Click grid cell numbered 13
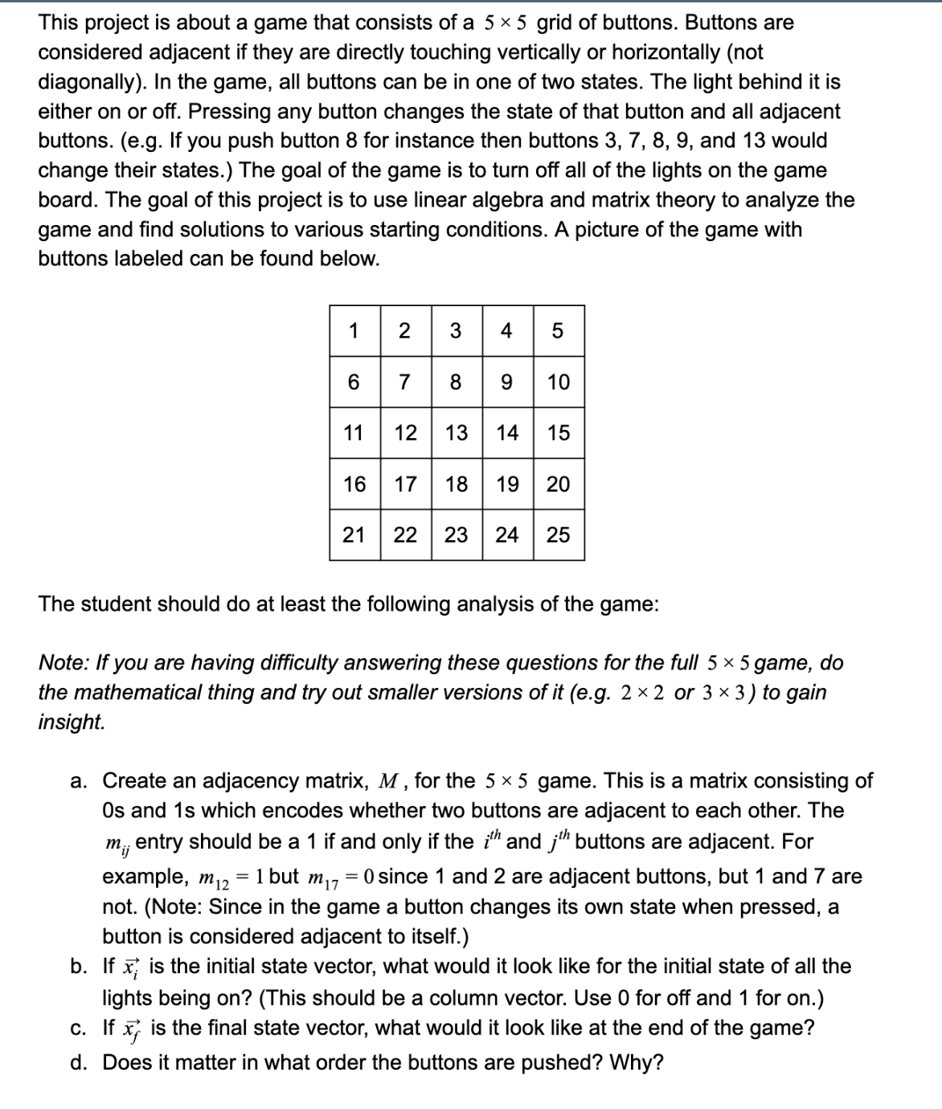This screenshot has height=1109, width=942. [x=457, y=433]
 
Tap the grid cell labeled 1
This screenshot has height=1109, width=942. [x=354, y=330]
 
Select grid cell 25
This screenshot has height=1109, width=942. [x=558, y=534]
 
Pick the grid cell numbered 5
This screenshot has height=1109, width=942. [x=558, y=330]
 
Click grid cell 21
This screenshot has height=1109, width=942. [x=354, y=534]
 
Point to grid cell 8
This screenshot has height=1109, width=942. [x=456, y=382]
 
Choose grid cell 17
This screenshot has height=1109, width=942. [x=405, y=484]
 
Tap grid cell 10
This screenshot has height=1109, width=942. [x=558, y=382]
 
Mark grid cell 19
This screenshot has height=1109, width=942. [x=507, y=484]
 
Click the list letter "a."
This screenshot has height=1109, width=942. [x=79, y=781]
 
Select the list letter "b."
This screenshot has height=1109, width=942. [x=79, y=966]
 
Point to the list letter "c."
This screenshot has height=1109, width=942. [x=79, y=1028]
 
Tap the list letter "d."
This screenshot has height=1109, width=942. [x=79, y=1063]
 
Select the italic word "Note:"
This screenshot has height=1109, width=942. [x=63, y=663]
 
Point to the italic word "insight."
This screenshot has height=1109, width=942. [x=72, y=722]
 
